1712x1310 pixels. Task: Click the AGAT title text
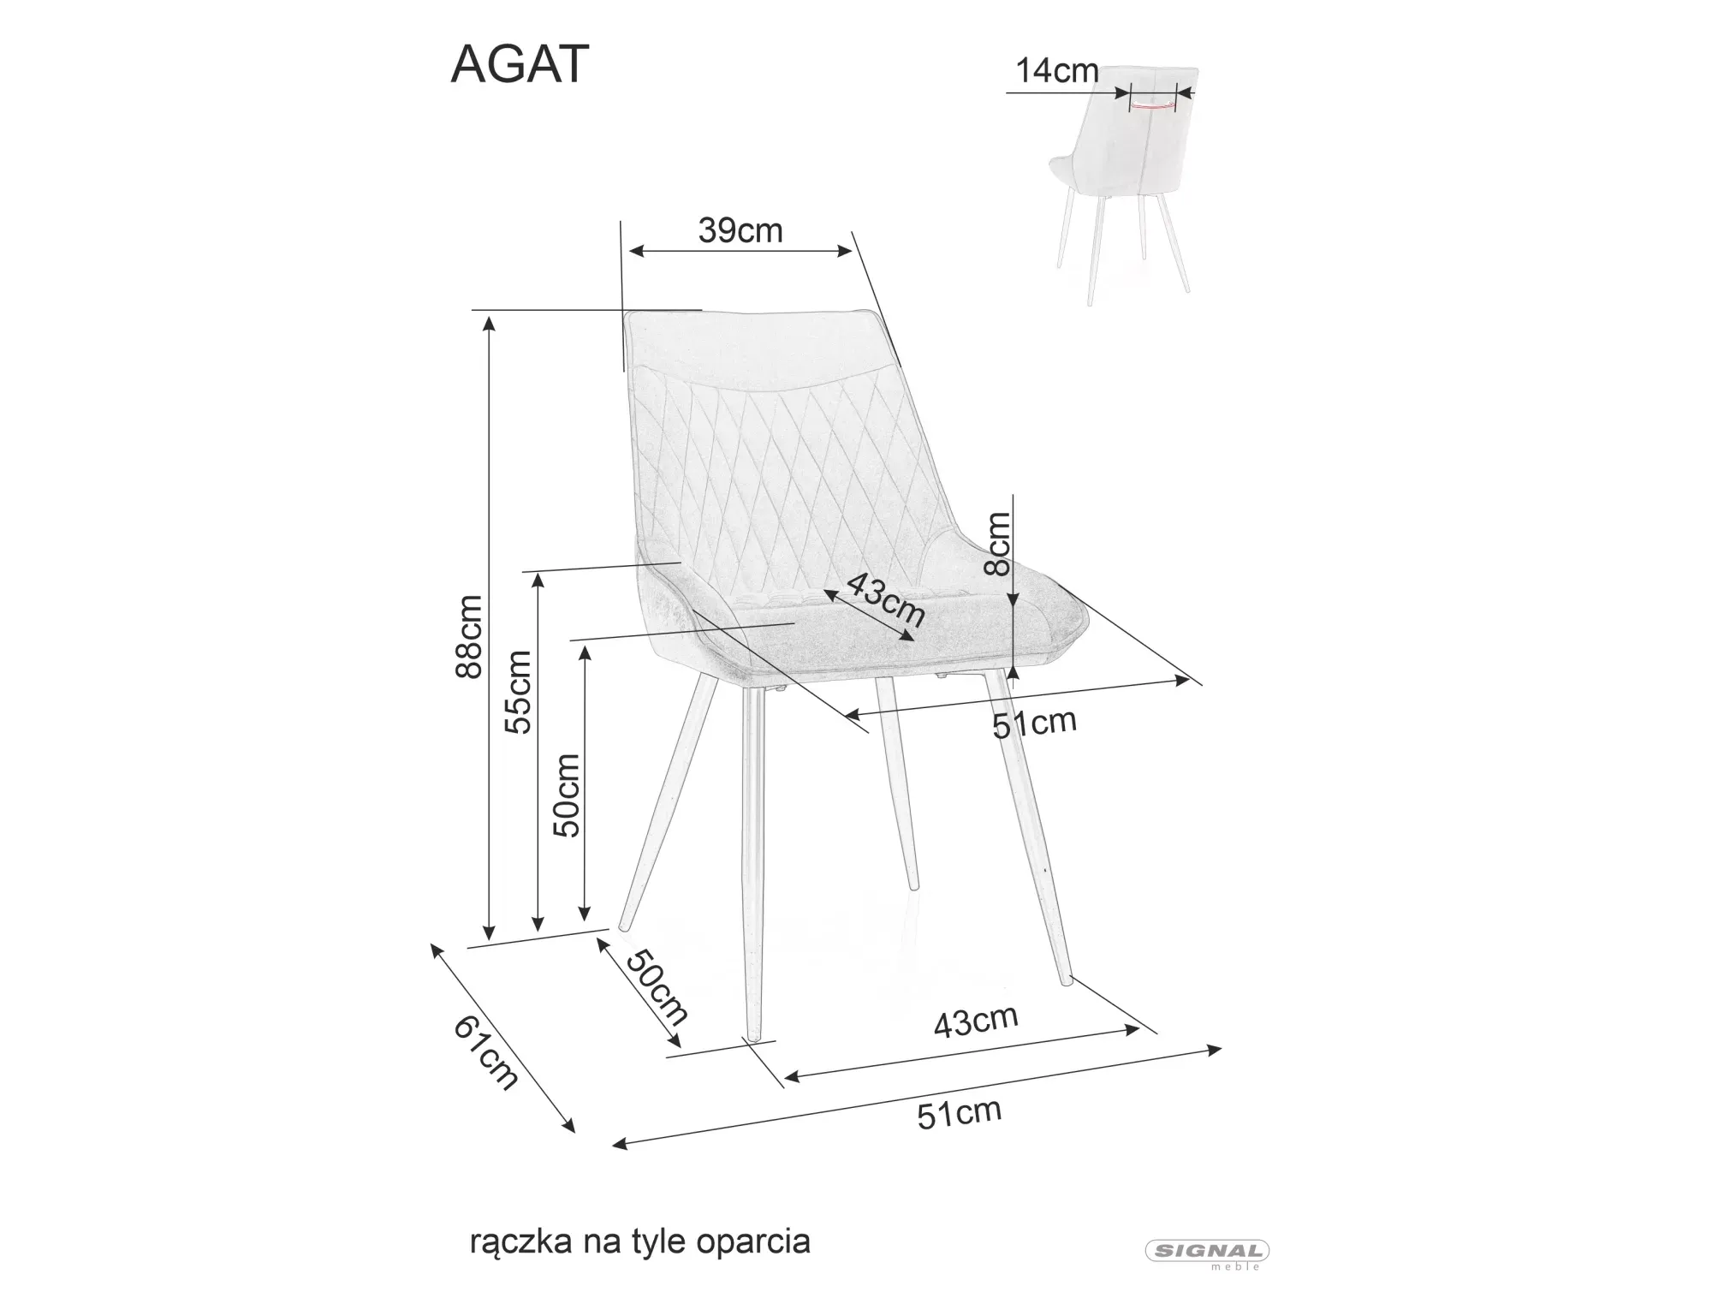click(x=520, y=64)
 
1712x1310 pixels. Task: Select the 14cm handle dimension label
click(x=1057, y=71)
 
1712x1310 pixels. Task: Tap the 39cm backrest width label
click(x=740, y=230)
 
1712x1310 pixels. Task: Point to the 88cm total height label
click(x=469, y=637)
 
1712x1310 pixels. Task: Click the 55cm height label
click(x=519, y=692)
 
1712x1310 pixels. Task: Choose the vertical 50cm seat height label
click(x=567, y=795)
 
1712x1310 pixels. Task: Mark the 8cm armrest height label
click(x=998, y=544)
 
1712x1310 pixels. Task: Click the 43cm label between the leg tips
click(x=975, y=1021)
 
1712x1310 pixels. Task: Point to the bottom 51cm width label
click(x=959, y=1113)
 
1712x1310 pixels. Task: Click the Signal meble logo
click(x=1207, y=1251)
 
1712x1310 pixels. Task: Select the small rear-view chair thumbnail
click(x=1121, y=180)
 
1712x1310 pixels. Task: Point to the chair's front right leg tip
click(x=1067, y=980)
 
